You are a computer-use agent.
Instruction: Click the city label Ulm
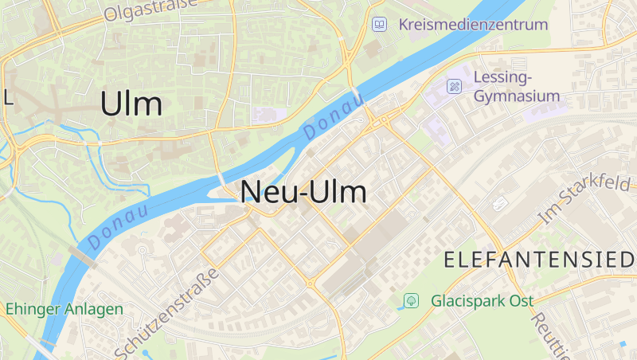131,104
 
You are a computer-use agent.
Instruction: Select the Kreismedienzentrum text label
473,25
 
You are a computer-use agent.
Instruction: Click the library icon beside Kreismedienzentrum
380,25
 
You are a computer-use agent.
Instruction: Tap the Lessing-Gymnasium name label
516,87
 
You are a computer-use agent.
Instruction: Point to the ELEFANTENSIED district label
538,259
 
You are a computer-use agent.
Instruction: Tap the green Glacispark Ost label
482,301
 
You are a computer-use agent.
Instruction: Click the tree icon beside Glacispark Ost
411,301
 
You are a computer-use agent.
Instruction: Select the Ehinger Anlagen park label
64,309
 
